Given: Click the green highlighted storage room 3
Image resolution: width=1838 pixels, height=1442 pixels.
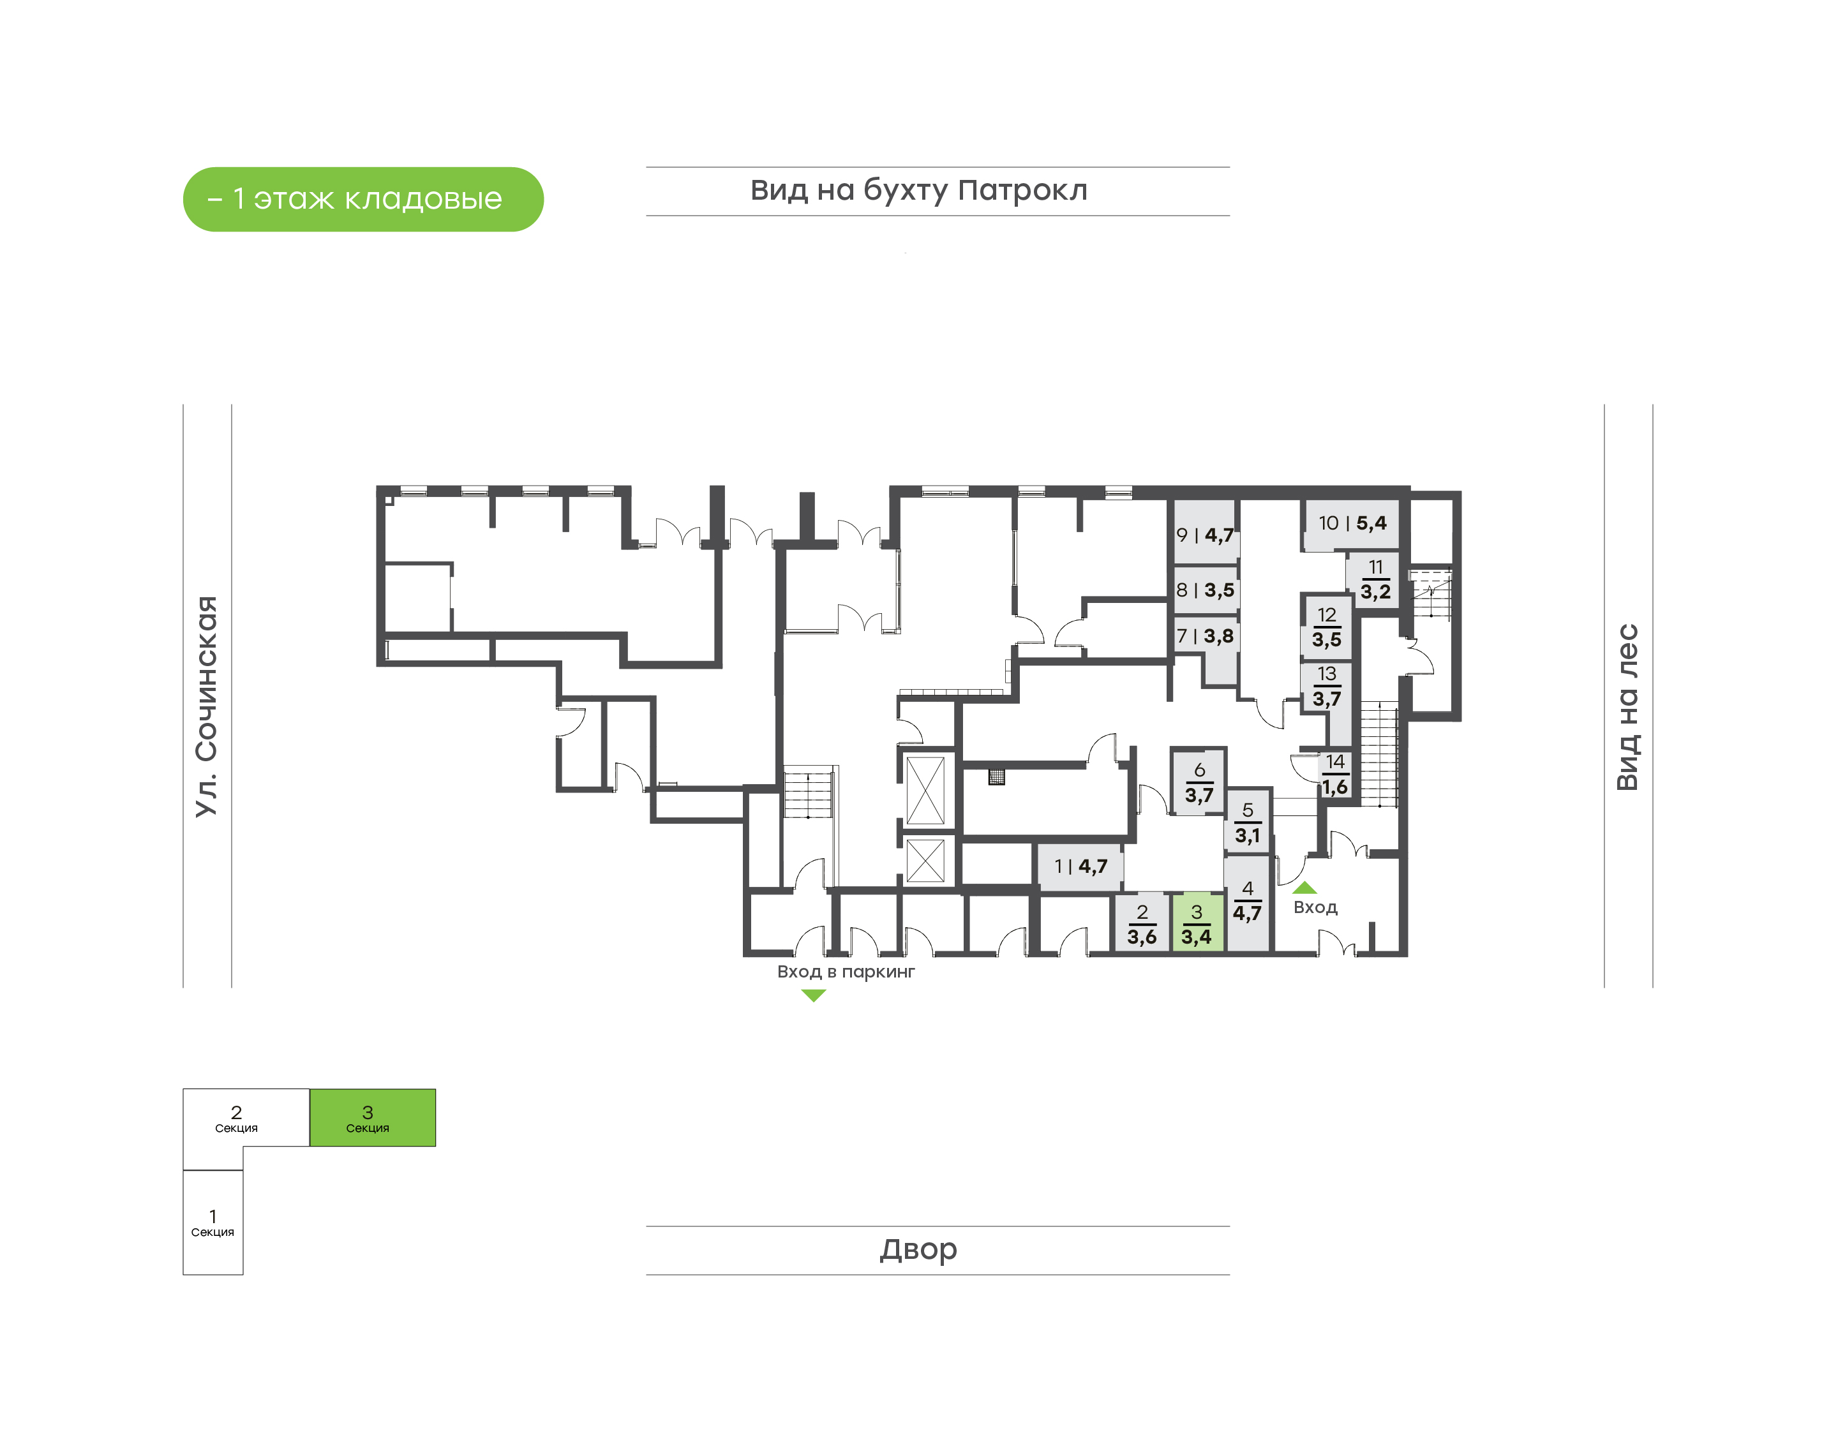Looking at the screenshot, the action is point(1197,923).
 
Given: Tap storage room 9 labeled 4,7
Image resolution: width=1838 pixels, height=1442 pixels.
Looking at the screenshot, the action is point(1206,533).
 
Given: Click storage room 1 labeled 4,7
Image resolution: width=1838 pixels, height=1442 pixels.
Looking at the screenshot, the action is point(1080,866).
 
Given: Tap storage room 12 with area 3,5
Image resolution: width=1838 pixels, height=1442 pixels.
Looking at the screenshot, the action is point(1326,627).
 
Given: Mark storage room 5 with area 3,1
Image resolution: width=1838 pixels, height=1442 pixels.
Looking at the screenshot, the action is point(1247,823).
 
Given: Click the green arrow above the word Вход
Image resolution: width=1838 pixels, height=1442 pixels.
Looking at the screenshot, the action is point(1304,888).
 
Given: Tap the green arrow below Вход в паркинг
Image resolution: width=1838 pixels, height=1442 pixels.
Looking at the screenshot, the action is point(813,995).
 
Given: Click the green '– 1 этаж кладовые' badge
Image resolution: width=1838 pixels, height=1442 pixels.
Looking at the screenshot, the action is point(363,199).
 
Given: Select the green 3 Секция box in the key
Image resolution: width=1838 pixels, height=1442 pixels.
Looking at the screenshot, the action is point(372,1118).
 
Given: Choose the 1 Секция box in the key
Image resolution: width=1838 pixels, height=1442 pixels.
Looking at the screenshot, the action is point(213,1223).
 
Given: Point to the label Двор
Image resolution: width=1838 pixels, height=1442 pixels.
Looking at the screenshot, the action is point(918,1249).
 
